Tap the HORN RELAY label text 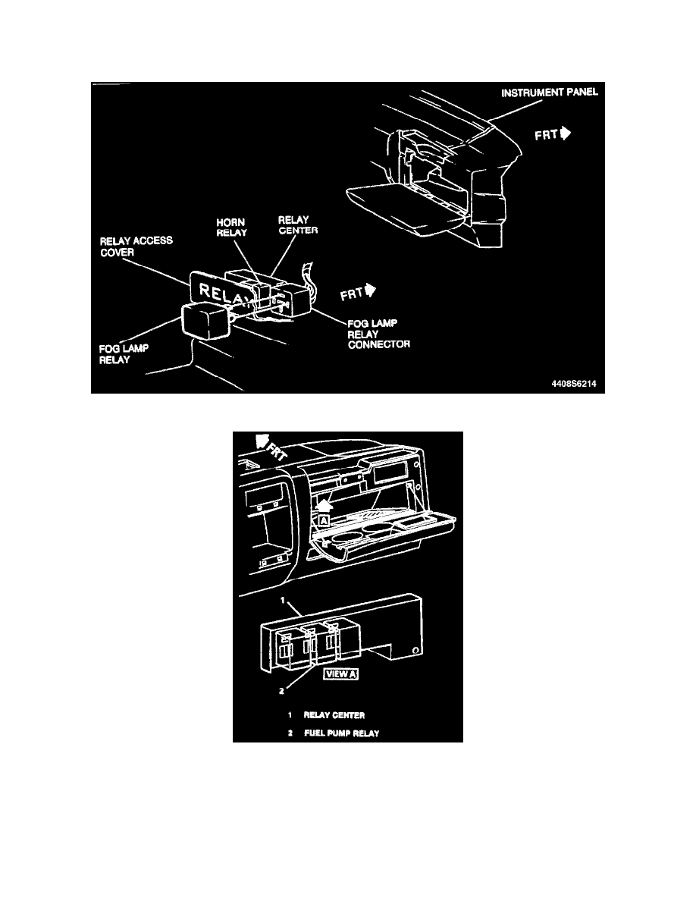coord(225,228)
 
